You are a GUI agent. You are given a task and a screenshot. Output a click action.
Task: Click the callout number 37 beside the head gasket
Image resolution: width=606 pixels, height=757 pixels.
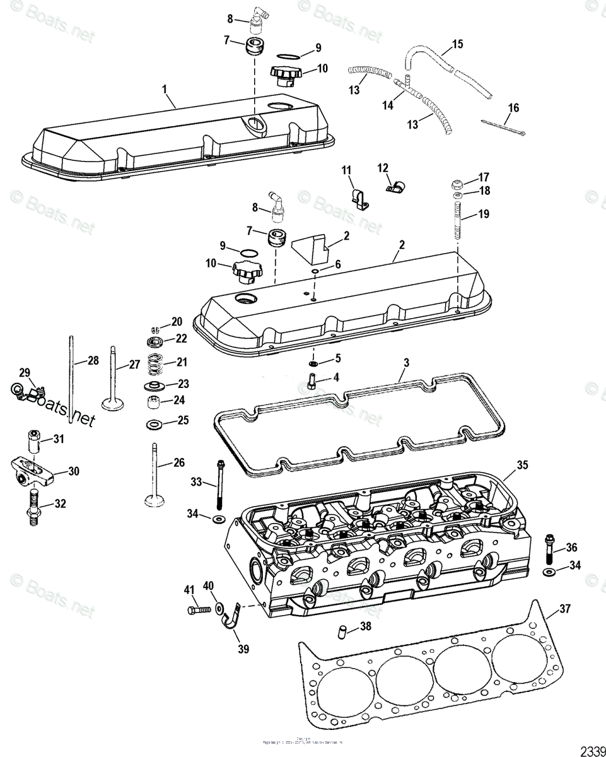coord(564,609)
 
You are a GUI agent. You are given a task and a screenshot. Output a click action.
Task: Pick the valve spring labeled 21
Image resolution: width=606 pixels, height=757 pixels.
coord(154,365)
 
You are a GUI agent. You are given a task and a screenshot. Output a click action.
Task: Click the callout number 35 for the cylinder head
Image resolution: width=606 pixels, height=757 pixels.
coord(522,466)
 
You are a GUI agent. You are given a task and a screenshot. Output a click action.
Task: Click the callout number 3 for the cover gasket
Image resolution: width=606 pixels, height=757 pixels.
coord(407,363)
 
